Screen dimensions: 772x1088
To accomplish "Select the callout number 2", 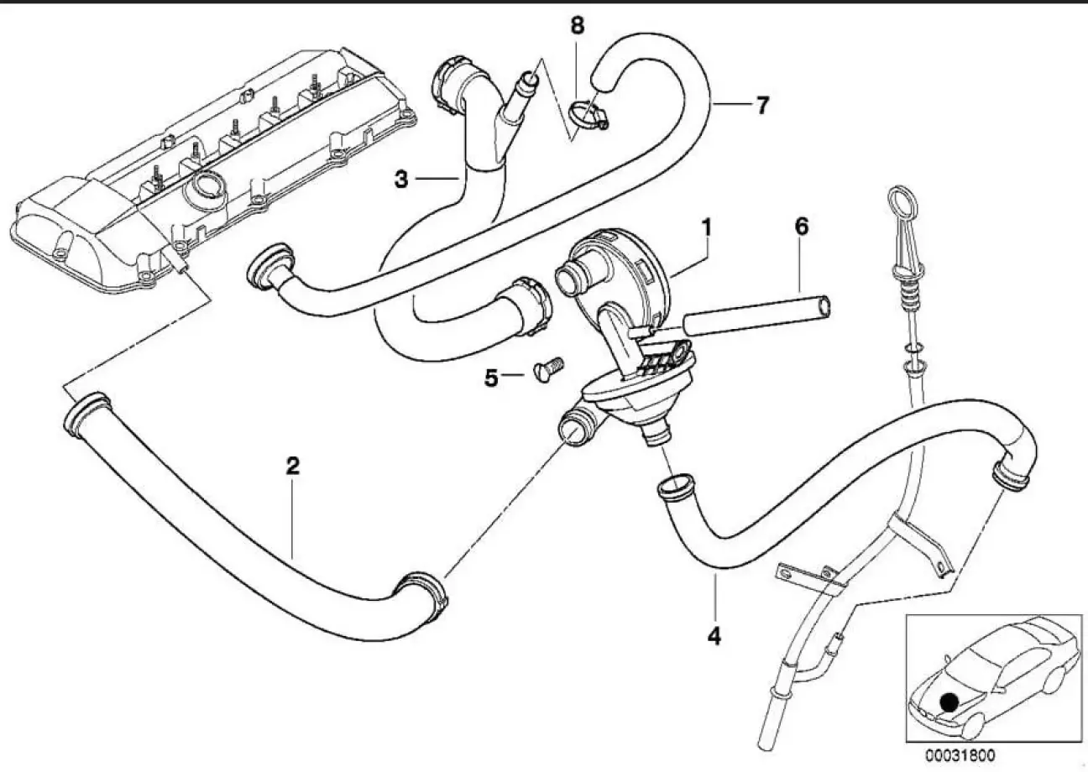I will [x=291, y=467].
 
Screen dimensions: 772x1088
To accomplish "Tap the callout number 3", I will [x=402, y=179].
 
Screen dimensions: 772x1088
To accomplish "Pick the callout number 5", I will [x=491, y=378].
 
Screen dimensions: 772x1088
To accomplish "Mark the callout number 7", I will [x=761, y=106].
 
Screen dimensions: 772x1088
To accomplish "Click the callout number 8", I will [x=577, y=26].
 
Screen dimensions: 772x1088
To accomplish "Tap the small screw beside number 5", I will [x=548, y=369].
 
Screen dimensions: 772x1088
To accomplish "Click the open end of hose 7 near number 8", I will [x=603, y=80].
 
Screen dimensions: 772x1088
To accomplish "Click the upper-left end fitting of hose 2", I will [x=81, y=414].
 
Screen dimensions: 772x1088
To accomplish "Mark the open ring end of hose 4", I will [x=674, y=486].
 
